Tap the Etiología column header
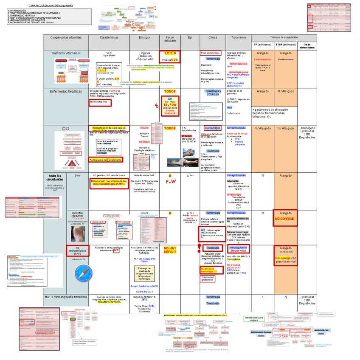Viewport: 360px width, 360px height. [144, 38]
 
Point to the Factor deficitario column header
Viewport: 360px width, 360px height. [170, 39]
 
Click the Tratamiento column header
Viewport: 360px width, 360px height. [238, 38]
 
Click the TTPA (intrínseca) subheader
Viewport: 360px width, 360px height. [286, 45]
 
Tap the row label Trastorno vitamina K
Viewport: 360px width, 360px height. [66, 53]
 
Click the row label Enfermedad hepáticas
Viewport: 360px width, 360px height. [66, 91]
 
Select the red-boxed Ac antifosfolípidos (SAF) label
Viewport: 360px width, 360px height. [77, 251]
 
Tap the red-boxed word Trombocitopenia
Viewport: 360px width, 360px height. [100, 102]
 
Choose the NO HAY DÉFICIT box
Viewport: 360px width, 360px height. [170, 250]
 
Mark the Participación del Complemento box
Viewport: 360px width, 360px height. [105, 160]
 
